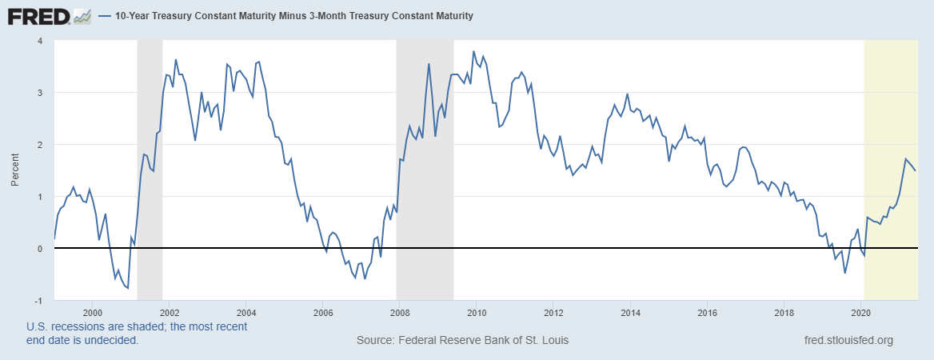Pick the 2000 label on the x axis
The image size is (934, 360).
tap(92, 313)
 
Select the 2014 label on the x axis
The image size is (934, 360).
tap(630, 313)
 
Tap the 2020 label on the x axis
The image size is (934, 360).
tap(860, 313)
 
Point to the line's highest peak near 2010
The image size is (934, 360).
tap(474, 52)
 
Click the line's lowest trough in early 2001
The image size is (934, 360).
tap(127, 288)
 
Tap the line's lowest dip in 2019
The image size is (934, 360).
tap(844, 273)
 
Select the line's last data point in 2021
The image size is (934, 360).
tap(916, 170)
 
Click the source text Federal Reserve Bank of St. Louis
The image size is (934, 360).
tap(462, 340)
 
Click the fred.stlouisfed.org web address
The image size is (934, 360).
tap(848, 340)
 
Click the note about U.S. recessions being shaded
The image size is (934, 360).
tap(137, 333)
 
